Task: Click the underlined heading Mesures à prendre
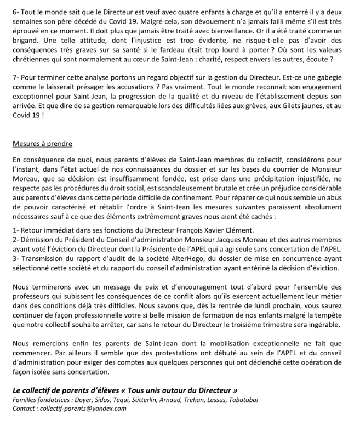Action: (x=42, y=144)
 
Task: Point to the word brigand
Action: (x=27, y=42)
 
